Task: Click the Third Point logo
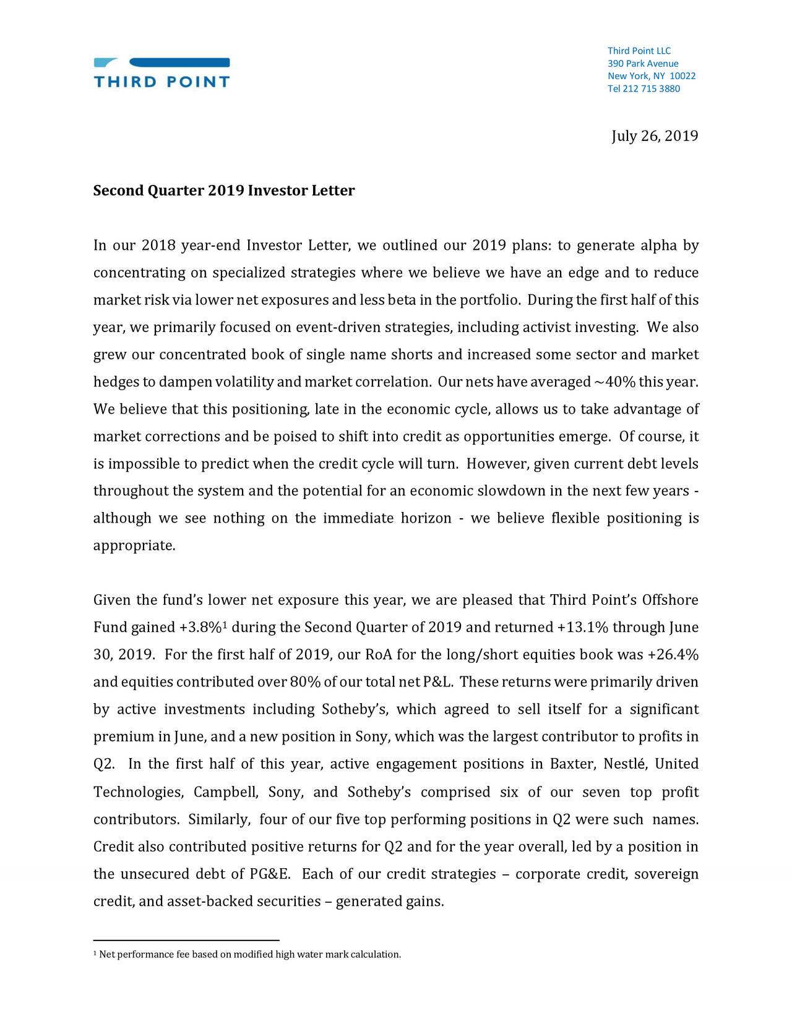[161, 72]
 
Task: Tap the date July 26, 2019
[655, 136]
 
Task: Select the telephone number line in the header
[643, 89]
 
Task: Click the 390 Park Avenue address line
[643, 64]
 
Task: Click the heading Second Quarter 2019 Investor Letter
[224, 190]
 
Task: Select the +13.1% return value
[583, 628]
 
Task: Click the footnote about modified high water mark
[247, 955]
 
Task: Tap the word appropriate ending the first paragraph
[134, 546]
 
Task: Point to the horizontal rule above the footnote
[186, 940]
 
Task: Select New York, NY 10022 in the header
[652, 76]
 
